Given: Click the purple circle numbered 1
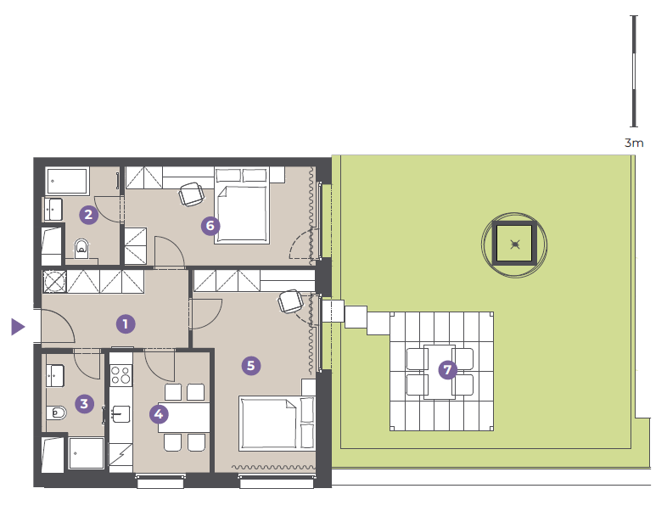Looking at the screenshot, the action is pyautogui.click(x=126, y=324).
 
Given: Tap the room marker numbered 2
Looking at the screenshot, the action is pyautogui.click(x=88, y=214).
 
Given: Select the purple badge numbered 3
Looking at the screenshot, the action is pyautogui.click(x=84, y=403).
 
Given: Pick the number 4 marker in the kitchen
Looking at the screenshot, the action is pyautogui.click(x=159, y=414).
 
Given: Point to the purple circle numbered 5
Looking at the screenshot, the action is pyautogui.click(x=251, y=366).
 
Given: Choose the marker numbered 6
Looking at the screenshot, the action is pyautogui.click(x=210, y=226).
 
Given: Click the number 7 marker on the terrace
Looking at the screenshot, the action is pyautogui.click(x=447, y=370).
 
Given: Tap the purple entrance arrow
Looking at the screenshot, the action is pyautogui.click(x=18, y=327).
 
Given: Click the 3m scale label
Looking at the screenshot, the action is pyautogui.click(x=634, y=143).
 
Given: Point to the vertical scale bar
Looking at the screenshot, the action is pyautogui.click(x=634, y=71).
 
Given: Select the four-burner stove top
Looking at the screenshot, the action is pyautogui.click(x=121, y=375).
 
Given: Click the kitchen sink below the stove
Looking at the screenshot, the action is pyautogui.click(x=121, y=413).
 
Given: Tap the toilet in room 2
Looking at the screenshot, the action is pyautogui.click(x=81, y=248).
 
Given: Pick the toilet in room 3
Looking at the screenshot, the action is pyautogui.click(x=56, y=413).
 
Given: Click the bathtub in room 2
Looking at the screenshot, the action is pyautogui.click(x=67, y=181).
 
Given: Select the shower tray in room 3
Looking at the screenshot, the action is pyautogui.click(x=87, y=453).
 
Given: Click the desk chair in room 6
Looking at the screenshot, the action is pyautogui.click(x=191, y=194).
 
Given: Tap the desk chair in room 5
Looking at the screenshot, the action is pyautogui.click(x=290, y=301).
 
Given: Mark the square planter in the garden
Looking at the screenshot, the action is pyautogui.click(x=515, y=244).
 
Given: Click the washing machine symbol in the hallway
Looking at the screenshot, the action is pyautogui.click(x=54, y=281).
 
